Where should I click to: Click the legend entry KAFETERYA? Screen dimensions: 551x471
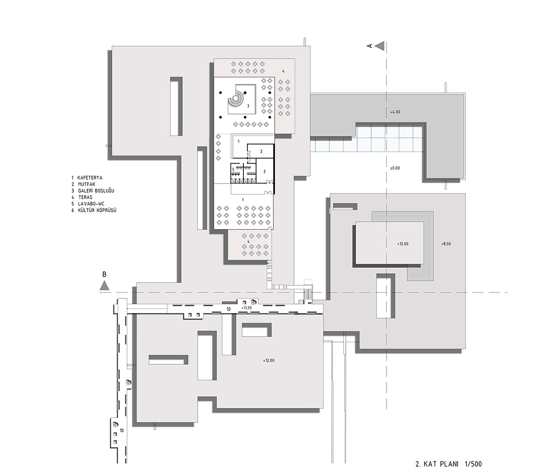coord(90,178)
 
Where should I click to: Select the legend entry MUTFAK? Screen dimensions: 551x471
coord(87,184)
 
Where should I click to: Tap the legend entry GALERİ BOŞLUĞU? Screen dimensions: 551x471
coord(96,191)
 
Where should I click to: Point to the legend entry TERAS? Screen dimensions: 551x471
coord(85,197)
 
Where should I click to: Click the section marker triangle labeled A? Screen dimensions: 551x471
coord(379,46)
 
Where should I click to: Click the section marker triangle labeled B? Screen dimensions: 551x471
coord(104,285)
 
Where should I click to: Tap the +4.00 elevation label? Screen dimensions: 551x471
coord(395,112)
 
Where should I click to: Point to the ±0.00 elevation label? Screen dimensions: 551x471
coord(395,168)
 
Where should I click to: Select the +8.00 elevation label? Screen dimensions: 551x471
coord(446,244)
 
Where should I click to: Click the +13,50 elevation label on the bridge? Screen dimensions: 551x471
coord(246,308)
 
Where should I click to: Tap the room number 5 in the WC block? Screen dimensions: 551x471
coord(233,169)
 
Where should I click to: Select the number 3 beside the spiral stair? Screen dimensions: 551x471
coord(248,106)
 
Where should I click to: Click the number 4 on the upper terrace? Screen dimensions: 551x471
coord(283,71)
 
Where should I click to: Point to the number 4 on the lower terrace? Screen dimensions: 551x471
coord(248,241)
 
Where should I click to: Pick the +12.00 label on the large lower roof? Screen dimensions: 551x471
coord(269,361)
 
